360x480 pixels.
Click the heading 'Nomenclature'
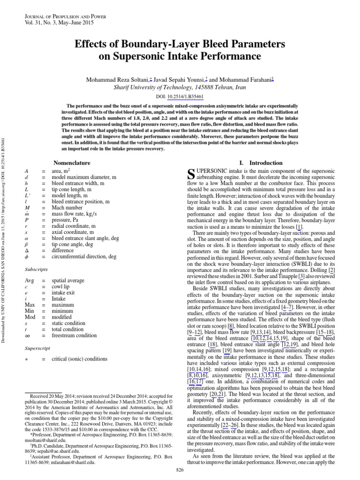pos(73,163)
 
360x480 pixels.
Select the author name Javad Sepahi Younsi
pos(180,80)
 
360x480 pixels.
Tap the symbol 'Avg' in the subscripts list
pos(30,280)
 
